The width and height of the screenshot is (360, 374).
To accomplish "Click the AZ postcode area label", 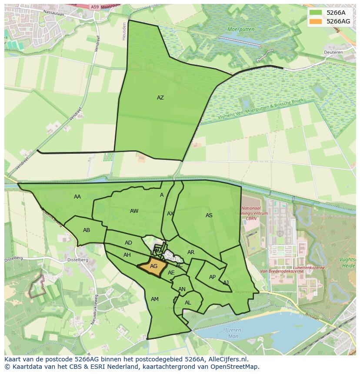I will click(x=160, y=98).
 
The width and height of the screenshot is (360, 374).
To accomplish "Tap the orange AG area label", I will click(x=153, y=266).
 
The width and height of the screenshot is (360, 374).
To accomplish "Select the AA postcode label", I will click(x=77, y=197).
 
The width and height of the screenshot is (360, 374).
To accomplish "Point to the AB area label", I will click(x=87, y=230).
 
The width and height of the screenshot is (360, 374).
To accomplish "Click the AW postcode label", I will click(x=134, y=211).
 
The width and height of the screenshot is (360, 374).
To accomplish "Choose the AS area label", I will click(x=209, y=215).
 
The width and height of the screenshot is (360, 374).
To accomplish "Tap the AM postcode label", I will click(x=155, y=299).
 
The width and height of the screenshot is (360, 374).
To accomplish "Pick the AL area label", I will click(x=188, y=303).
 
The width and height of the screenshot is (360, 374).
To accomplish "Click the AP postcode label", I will click(x=212, y=277).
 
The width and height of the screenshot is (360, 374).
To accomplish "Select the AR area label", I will click(x=191, y=252).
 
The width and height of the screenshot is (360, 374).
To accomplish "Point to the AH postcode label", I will click(x=127, y=255).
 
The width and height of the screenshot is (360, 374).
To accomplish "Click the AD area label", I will click(x=128, y=243).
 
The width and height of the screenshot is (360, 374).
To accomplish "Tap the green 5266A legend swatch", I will click(x=316, y=13).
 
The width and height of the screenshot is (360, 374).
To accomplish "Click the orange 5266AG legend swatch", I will click(x=316, y=21).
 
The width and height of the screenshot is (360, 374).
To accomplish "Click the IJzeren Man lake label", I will click(x=233, y=333).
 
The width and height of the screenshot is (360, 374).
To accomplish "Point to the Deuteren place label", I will click(x=333, y=53).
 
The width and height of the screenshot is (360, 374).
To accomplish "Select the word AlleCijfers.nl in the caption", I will click(x=226, y=360).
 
